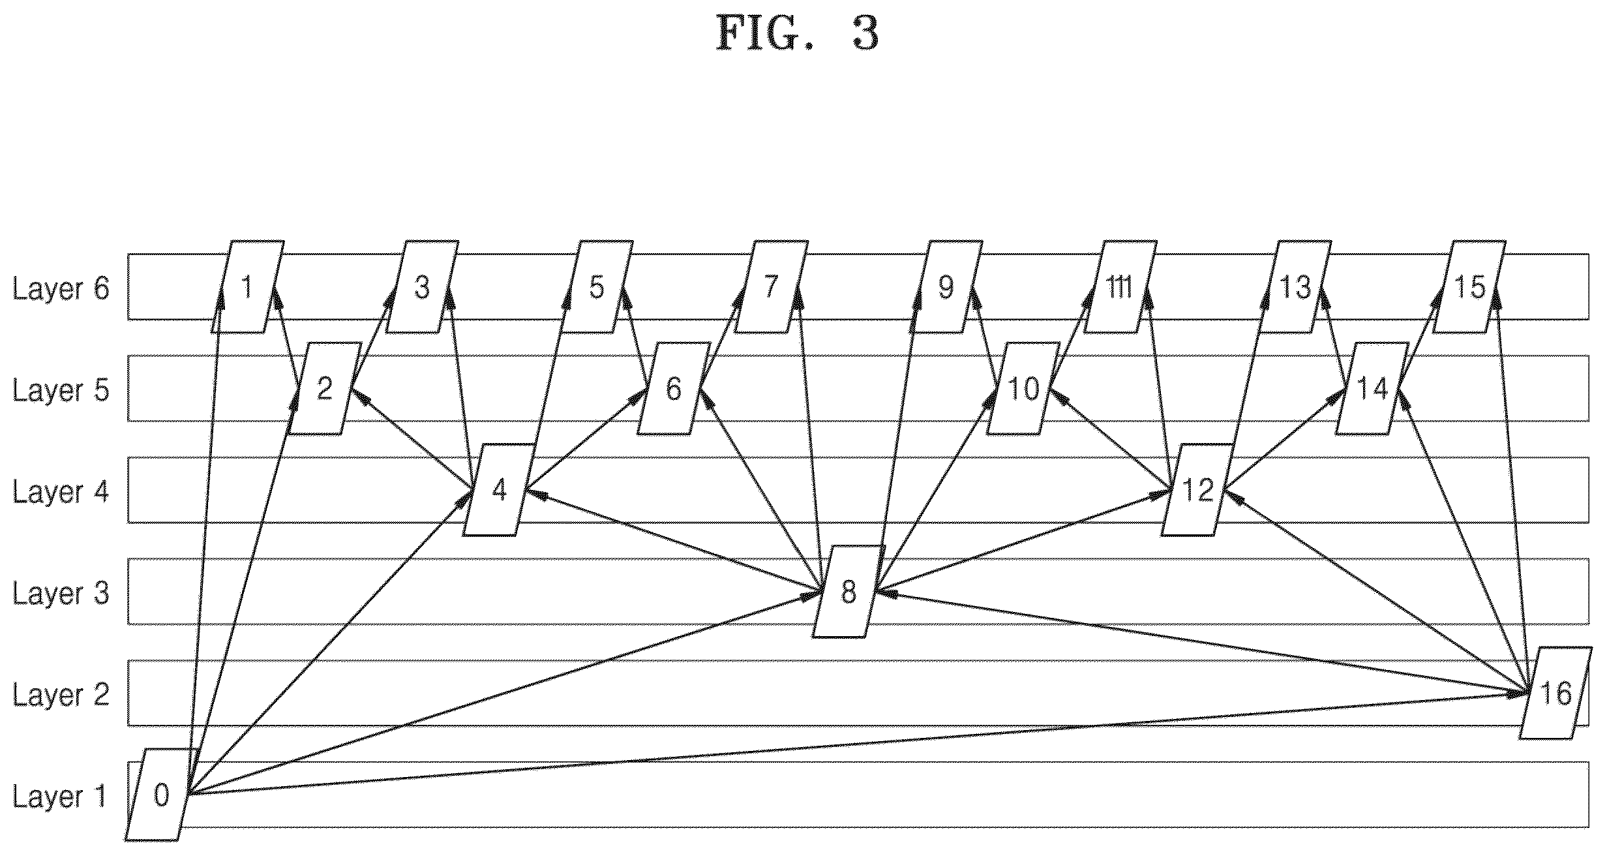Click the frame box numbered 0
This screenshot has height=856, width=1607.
(x=161, y=794)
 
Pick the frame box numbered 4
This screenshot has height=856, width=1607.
(x=499, y=490)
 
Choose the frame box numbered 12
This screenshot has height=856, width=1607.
(x=1197, y=490)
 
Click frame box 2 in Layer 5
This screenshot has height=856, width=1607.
(x=324, y=389)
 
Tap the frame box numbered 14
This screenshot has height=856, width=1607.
(x=1372, y=389)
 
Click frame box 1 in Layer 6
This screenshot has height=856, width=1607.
(x=247, y=287)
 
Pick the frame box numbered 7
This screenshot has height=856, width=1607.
(x=771, y=287)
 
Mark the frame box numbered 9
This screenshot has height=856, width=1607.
(x=946, y=287)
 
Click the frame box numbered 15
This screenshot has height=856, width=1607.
(x=1469, y=287)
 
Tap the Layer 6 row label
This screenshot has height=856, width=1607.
(x=61, y=288)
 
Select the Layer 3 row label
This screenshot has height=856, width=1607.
(x=61, y=593)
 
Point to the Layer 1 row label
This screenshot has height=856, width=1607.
(x=59, y=797)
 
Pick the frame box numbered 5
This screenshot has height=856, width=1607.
(x=597, y=287)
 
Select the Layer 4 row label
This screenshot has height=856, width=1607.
(x=61, y=492)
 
